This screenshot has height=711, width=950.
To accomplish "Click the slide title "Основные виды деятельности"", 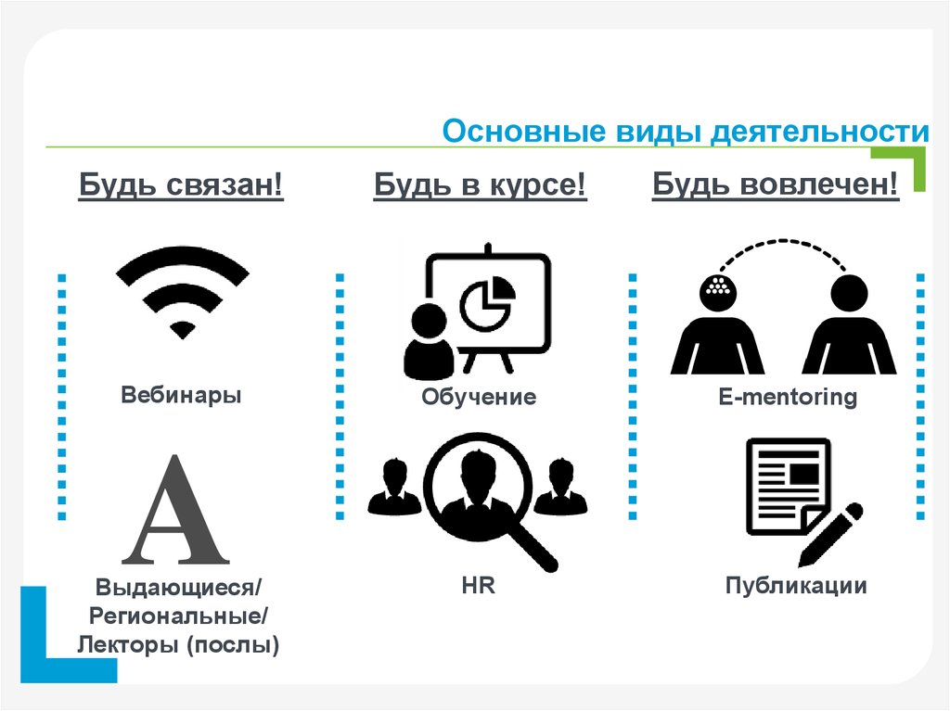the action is tap(686, 132).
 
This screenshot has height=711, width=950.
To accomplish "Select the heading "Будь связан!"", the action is tap(181, 184).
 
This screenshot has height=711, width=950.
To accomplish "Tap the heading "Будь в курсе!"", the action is tap(480, 184).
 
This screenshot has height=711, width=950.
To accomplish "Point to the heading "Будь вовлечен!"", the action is tap(775, 184).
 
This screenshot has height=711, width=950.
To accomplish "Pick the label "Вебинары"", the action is tap(181, 394).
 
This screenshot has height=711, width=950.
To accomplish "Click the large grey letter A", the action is tap(175, 510).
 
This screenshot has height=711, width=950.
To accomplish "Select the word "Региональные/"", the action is tap(178, 616).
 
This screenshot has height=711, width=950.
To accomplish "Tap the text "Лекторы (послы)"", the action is tap(178, 644).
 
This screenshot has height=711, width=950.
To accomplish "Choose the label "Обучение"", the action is tap(479, 397).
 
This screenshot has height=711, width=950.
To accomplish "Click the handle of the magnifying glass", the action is tap(533, 547).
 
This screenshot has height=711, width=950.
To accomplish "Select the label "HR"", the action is tap(478, 586).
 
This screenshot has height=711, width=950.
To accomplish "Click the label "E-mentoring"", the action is tap(788, 397).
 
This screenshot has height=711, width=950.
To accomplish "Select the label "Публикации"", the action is tap(796, 586).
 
